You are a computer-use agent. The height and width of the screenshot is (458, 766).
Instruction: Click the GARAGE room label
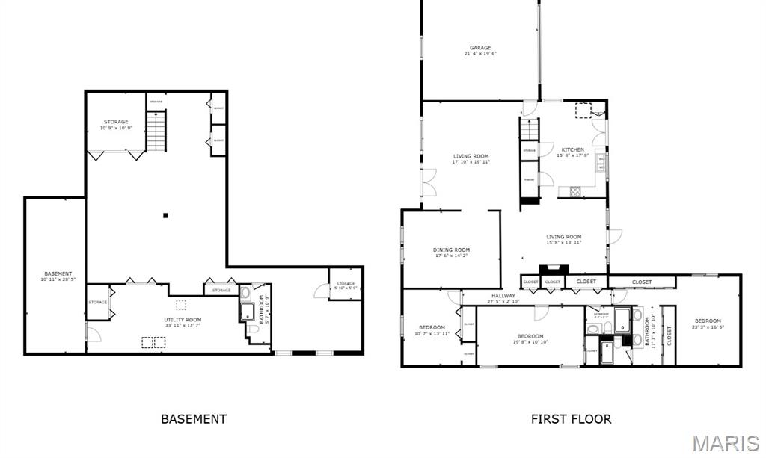(x=480, y=48)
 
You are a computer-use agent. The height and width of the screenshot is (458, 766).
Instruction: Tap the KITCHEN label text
(x=572, y=150)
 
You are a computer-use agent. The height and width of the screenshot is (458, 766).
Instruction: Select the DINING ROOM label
(x=451, y=250)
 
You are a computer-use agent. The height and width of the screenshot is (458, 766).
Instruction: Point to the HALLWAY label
(x=503, y=296)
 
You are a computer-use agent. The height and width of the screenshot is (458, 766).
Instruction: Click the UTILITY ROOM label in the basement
(x=183, y=320)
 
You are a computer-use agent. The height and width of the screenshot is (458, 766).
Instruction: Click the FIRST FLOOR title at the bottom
(x=571, y=419)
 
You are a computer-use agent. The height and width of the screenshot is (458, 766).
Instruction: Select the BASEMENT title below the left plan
(x=194, y=419)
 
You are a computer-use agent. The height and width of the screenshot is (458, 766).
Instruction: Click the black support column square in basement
(x=166, y=216)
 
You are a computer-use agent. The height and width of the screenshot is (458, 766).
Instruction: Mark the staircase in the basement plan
(x=156, y=131)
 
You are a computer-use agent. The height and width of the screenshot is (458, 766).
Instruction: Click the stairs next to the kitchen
(x=529, y=129)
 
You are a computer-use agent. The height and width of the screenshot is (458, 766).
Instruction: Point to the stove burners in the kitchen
(x=576, y=191)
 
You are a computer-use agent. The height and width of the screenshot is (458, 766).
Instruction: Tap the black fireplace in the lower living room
(x=554, y=269)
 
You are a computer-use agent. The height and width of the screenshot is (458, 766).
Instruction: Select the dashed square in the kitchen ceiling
(x=581, y=111)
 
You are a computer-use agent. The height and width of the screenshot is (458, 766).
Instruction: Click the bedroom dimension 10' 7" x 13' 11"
(x=432, y=333)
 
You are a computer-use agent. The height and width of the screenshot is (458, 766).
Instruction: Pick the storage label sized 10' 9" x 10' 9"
(x=116, y=128)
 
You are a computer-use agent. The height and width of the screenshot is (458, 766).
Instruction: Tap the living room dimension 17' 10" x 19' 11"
(x=471, y=161)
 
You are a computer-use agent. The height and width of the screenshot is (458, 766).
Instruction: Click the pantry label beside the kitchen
(x=529, y=180)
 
